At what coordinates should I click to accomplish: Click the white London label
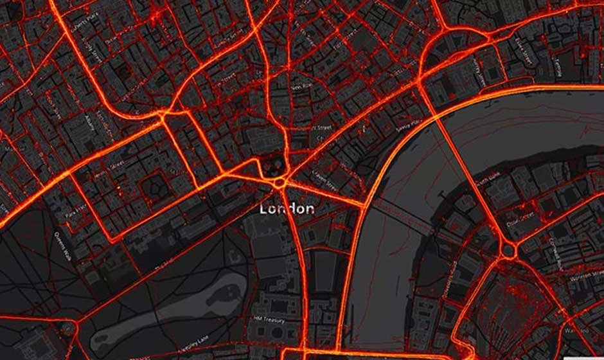(x=287, y=209)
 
